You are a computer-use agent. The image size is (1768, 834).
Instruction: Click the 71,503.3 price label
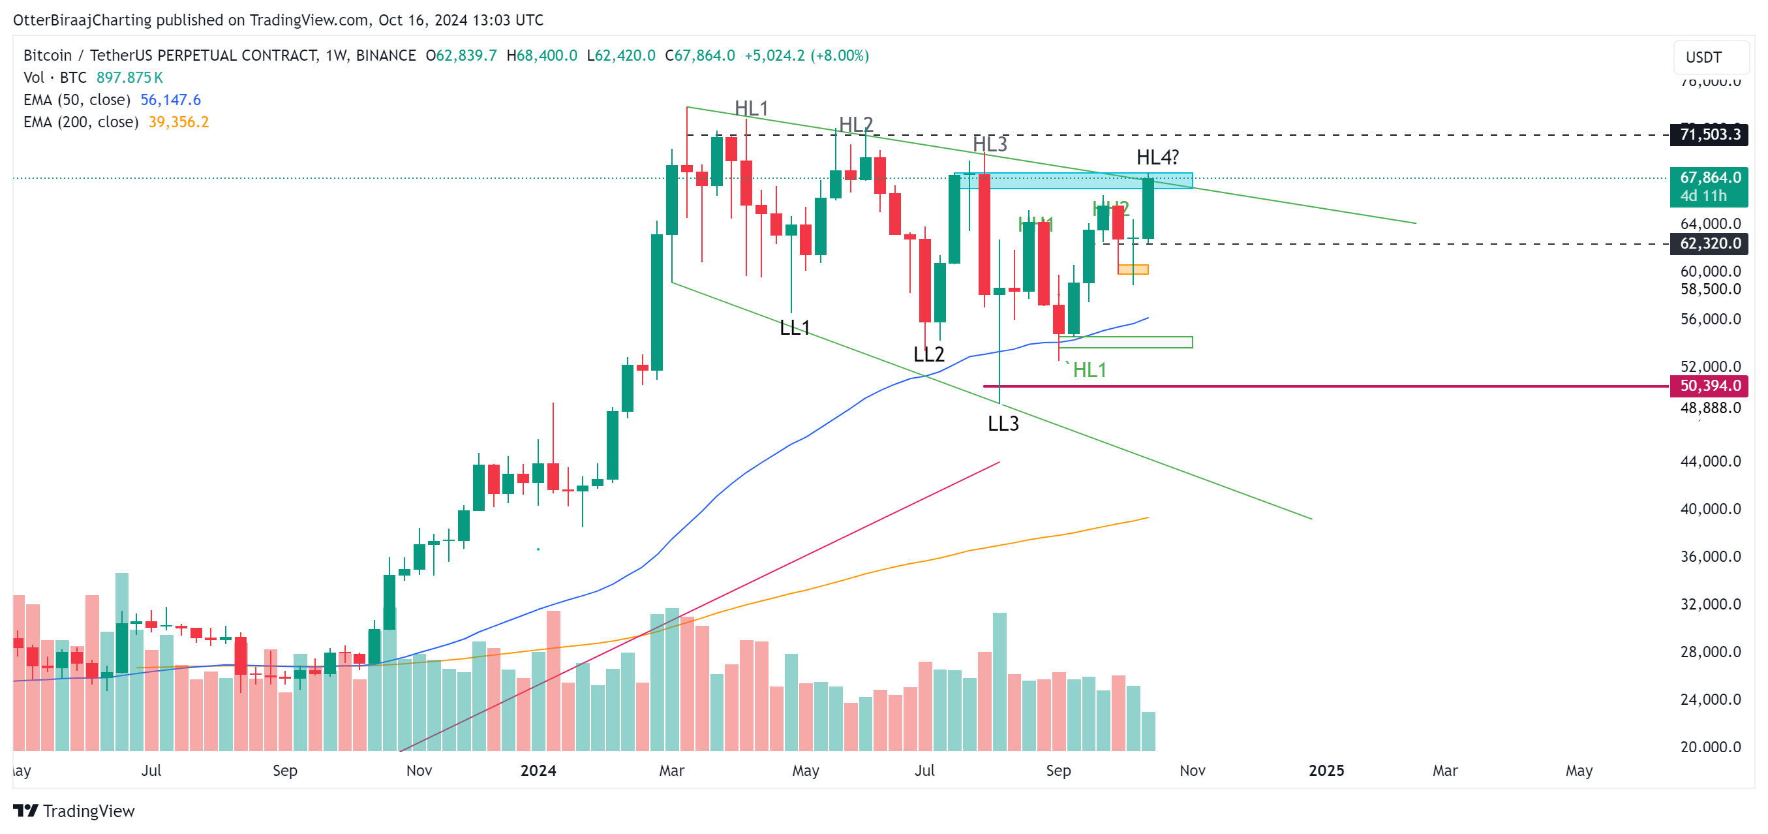pos(1709,134)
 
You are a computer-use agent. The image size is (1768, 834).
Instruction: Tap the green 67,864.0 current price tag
pos(1709,178)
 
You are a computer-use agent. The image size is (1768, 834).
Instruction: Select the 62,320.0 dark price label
pos(1709,243)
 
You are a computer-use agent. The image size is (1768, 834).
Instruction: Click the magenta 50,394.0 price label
pos(1709,386)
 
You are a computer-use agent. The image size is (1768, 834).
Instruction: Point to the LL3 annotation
pos(1003,424)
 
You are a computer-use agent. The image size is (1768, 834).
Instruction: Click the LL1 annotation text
pos(795,328)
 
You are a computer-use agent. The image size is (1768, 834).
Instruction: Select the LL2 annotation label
pos(928,355)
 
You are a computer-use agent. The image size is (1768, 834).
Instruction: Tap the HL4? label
pos(1157,158)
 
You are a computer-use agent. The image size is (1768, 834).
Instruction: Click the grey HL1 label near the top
pos(751,108)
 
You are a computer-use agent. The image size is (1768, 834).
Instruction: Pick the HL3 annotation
pos(990,145)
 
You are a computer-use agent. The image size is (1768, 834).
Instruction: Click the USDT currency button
pos(1704,57)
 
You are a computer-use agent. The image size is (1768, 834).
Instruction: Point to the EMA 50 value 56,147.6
pos(170,100)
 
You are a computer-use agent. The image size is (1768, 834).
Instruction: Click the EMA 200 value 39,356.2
pos(179,122)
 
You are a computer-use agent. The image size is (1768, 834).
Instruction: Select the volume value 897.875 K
pos(129,78)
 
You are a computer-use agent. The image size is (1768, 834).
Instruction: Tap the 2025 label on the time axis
pos(1326,771)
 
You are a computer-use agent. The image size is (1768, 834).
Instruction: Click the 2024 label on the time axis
pos(538,771)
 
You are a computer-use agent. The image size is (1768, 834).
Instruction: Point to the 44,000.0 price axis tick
pos(1710,461)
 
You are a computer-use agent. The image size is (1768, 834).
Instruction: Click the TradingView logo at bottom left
pos(74,811)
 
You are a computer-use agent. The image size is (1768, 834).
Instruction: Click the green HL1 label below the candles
pos(1090,371)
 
